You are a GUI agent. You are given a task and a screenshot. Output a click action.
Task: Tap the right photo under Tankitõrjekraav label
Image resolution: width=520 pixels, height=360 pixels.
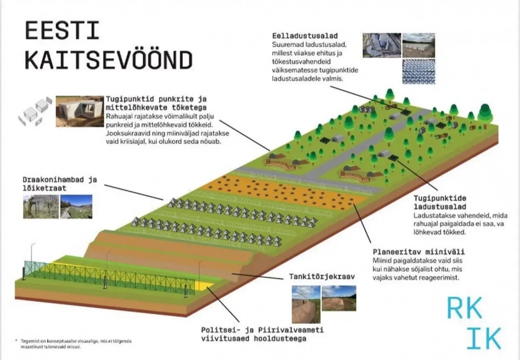[x=338, y=298]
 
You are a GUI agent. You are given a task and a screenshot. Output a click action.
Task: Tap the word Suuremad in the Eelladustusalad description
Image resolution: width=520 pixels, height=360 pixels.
[x=288, y=45]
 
